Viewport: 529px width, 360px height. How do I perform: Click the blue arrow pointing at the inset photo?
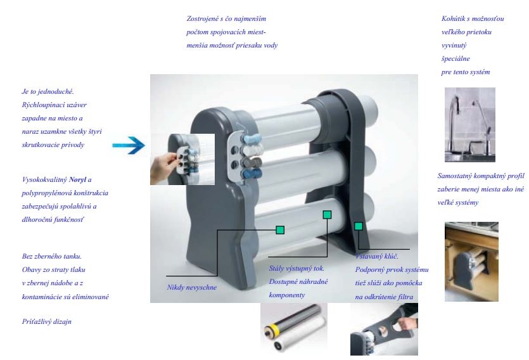pos(129,145)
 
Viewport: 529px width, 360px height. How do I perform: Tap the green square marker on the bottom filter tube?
pos(280,230)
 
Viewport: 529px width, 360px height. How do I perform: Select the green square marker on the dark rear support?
pos(359,226)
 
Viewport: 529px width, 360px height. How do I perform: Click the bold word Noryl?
pos(77,179)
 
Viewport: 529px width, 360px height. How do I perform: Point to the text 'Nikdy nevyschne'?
pos(191,288)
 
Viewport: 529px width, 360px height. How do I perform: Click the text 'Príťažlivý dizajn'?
pos(46,321)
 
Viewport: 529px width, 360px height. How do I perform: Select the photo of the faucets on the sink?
pos(470,125)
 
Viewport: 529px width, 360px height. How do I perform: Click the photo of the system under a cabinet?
pos(471,262)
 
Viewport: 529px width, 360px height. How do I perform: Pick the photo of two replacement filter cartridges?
pos(294,328)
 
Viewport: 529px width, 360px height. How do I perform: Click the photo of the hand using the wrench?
pos(384,330)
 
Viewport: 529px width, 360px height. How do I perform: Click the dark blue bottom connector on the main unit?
pos(252,174)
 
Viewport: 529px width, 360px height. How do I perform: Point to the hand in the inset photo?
pos(163,168)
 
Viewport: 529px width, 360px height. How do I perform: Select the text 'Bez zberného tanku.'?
pos(51,256)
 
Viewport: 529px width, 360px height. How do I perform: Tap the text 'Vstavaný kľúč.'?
pos(376,256)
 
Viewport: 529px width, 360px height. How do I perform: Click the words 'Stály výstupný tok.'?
pos(296,269)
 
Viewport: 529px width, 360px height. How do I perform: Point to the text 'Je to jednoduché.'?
pos(48,92)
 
